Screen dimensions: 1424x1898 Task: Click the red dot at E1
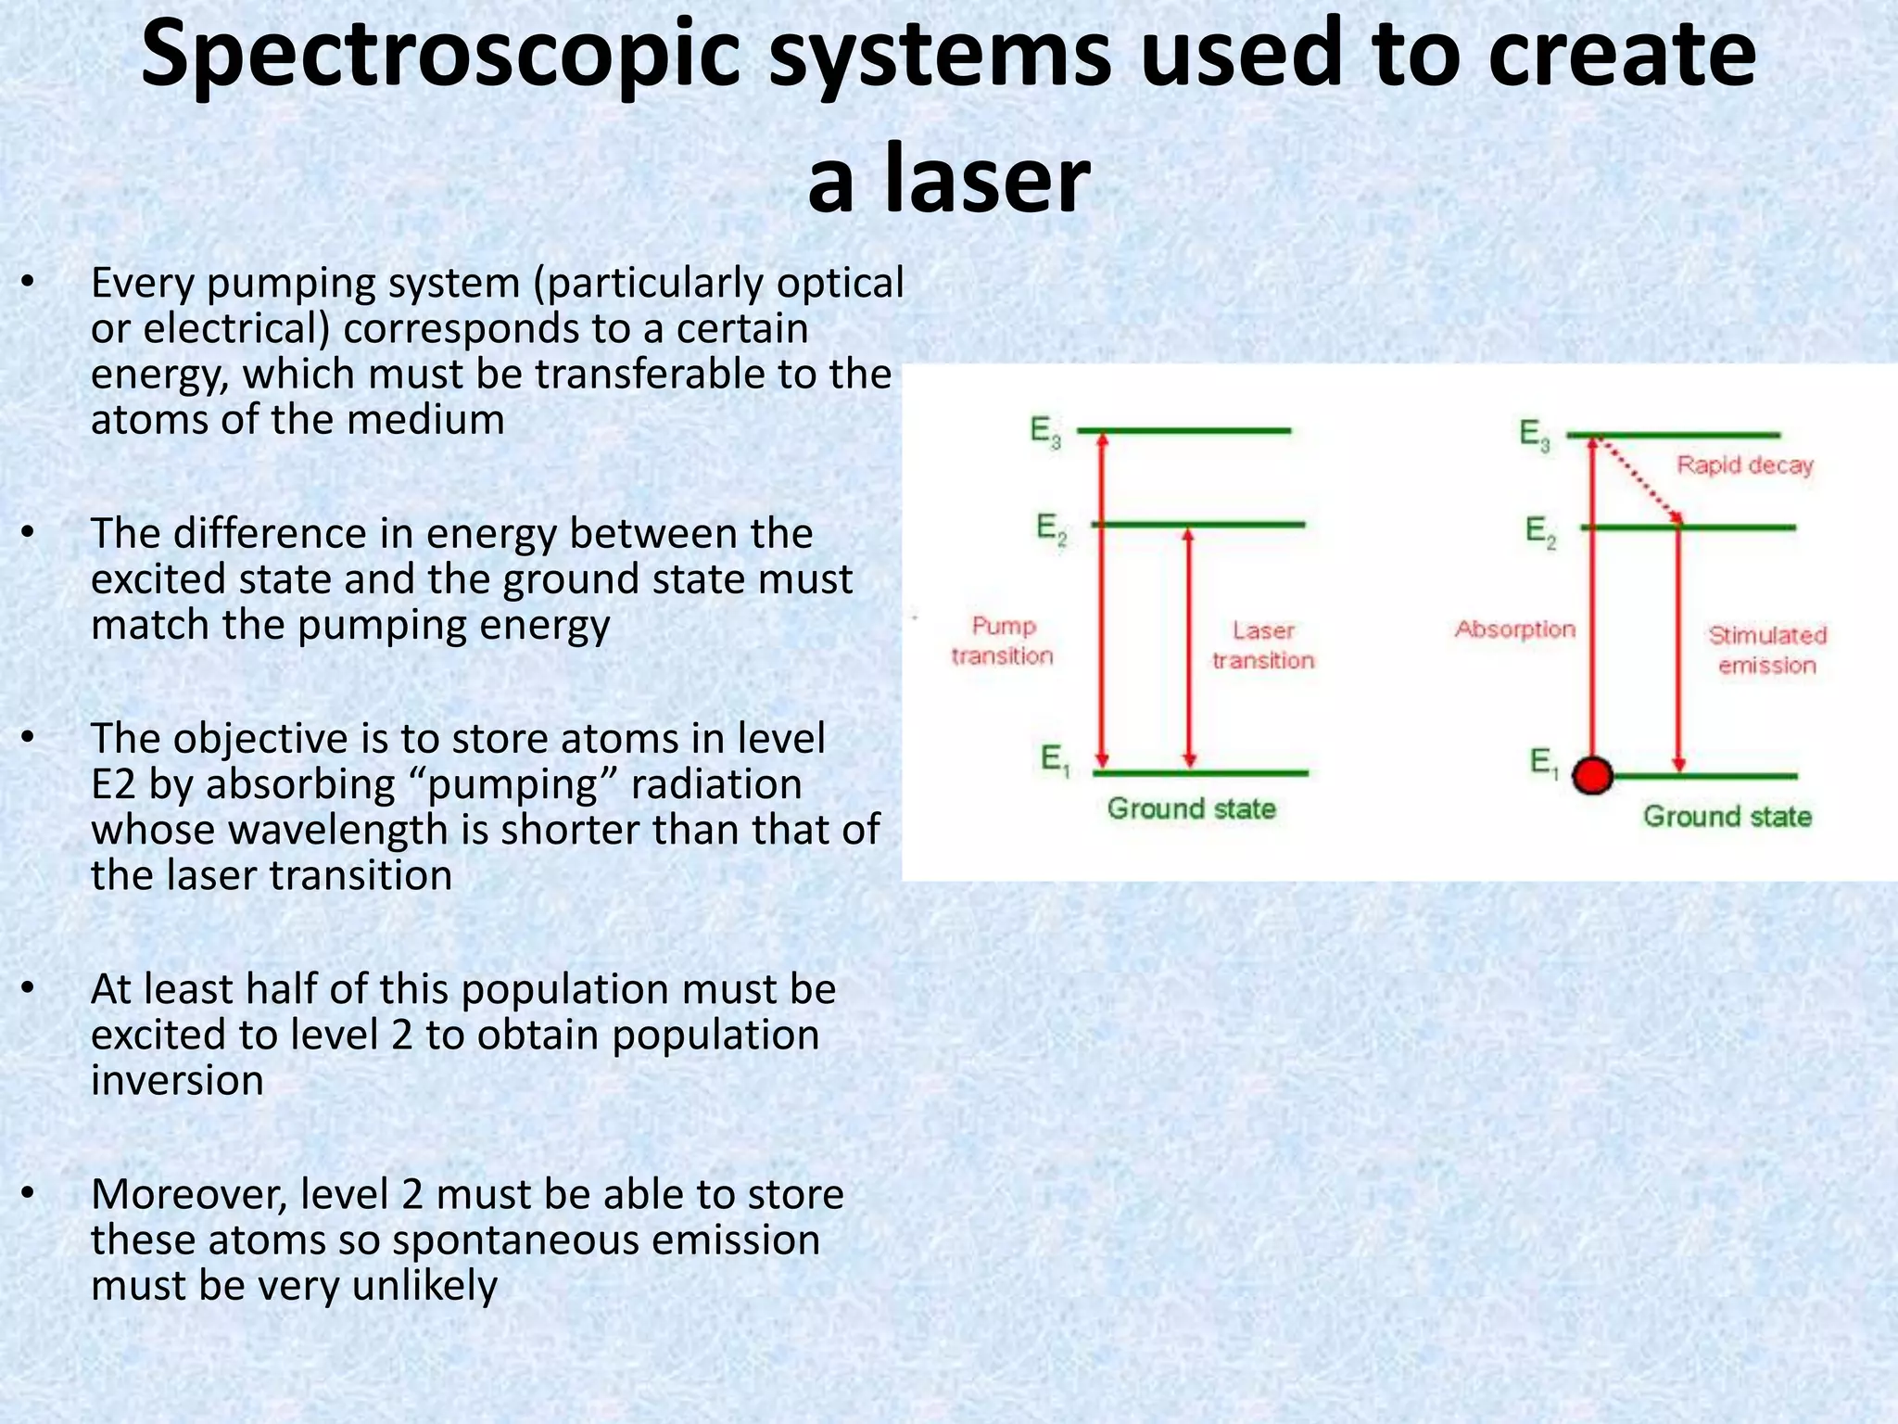pos(1593,775)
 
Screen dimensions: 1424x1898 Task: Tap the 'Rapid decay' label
pos(1744,464)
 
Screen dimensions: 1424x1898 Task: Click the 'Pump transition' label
pos(1003,641)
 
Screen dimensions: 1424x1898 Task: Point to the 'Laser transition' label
pos(1263,645)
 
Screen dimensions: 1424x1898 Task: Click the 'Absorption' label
pos(1515,629)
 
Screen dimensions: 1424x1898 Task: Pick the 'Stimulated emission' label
pos(1766,650)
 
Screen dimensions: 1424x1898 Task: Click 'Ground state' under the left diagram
pos(1192,808)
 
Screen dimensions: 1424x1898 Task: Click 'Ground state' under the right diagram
pos(1727,817)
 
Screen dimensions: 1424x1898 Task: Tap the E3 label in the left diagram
pos(1045,432)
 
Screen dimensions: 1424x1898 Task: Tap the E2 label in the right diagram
pos(1540,532)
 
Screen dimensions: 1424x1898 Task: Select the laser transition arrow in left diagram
pos(1190,649)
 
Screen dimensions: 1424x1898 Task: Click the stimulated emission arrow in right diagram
pos(1679,649)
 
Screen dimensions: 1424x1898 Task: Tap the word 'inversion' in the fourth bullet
pos(178,1081)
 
